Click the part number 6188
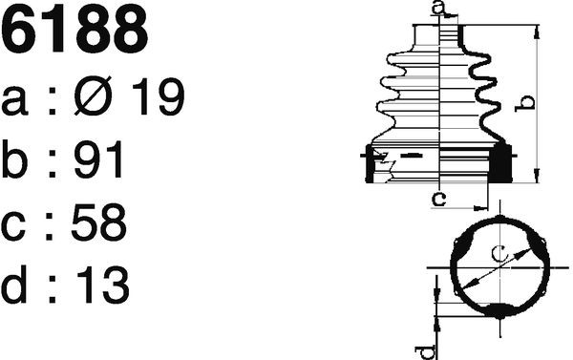(74, 29)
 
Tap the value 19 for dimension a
(159, 96)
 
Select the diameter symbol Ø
(93, 95)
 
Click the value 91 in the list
(98, 159)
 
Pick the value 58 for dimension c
(99, 222)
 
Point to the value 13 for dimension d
(103, 285)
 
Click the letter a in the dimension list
(14, 101)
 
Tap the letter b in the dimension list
(14, 159)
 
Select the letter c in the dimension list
(13, 227)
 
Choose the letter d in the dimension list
(14, 285)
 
